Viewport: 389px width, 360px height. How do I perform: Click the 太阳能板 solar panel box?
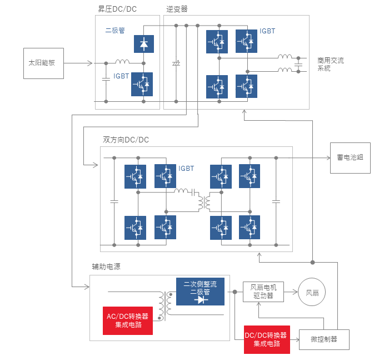click(43, 63)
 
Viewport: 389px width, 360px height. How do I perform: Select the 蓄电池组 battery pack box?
click(350, 158)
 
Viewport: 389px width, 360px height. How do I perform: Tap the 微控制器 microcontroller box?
click(324, 339)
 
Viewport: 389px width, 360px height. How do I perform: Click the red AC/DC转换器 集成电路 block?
click(128, 320)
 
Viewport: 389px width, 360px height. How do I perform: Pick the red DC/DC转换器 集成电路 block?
click(267, 339)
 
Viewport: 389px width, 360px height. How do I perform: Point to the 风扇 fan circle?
click(312, 292)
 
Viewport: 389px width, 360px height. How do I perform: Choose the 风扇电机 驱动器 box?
click(263, 292)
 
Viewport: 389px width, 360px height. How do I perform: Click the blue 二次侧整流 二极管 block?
click(200, 292)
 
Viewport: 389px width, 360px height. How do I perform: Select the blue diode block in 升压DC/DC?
click(144, 44)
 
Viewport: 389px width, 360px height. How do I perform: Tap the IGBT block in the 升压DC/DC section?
click(142, 84)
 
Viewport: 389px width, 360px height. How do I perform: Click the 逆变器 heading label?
click(177, 9)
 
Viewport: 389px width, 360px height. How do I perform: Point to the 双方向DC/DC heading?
click(126, 140)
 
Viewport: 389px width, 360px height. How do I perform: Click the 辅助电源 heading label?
click(106, 267)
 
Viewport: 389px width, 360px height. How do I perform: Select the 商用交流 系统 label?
click(331, 64)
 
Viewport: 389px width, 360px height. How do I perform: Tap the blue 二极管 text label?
click(115, 30)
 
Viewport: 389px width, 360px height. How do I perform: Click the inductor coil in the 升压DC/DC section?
click(123, 61)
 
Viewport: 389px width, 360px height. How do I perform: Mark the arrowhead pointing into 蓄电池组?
click(328, 158)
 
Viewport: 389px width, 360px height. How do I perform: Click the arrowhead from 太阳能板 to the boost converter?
click(90, 63)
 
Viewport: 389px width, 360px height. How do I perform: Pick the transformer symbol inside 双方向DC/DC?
click(204, 202)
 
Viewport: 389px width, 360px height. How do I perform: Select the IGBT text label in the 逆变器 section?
click(267, 31)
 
